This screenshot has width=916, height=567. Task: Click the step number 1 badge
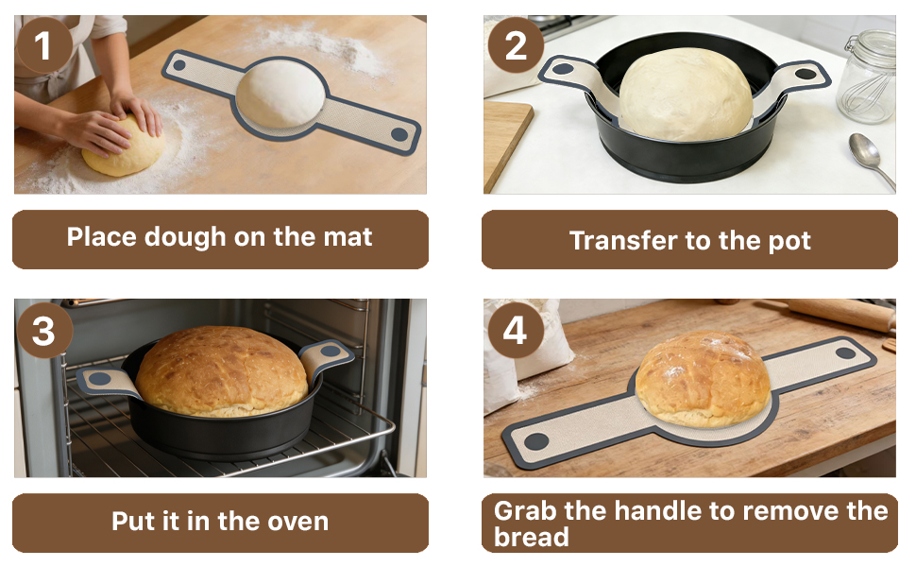pos(43,45)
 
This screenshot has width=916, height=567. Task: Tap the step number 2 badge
pos(515,45)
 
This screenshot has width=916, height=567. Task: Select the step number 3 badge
pos(43,331)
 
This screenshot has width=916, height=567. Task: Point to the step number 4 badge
pos(515,331)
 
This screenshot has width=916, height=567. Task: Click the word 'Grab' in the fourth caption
pos(526,511)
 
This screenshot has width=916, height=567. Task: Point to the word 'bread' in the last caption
pos(532,538)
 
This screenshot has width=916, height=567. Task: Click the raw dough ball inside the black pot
pos(685,94)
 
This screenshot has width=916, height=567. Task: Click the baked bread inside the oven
pos(222,370)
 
